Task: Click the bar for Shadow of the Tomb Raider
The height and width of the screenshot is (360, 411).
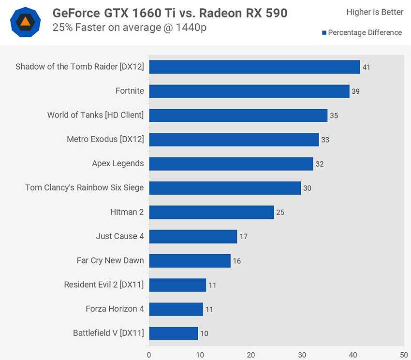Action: pyautogui.click(x=254, y=67)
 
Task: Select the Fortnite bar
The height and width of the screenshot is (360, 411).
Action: pyautogui.click(x=249, y=91)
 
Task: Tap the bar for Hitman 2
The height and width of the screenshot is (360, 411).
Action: pyautogui.click(x=211, y=212)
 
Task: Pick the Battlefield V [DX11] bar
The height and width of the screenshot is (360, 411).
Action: pyautogui.click(x=173, y=333)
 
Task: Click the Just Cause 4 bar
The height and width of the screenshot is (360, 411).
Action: pyautogui.click(x=193, y=236)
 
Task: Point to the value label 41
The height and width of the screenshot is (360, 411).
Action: pyautogui.click(x=366, y=67)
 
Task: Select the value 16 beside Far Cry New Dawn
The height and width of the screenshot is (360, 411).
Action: pyautogui.click(x=236, y=261)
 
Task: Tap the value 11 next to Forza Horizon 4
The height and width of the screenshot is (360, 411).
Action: pyautogui.click(x=209, y=309)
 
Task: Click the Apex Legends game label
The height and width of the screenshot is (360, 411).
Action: pyautogui.click(x=118, y=163)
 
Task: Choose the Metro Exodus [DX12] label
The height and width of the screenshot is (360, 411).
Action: pyautogui.click(x=105, y=139)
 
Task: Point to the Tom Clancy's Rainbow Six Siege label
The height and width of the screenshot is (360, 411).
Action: pyautogui.click(x=85, y=187)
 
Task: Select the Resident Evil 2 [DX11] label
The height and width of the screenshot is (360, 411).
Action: pyautogui.click(x=104, y=285)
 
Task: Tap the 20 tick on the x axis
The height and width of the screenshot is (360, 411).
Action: pyautogui.click(x=251, y=354)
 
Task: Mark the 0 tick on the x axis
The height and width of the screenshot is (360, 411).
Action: pyautogui.click(x=149, y=354)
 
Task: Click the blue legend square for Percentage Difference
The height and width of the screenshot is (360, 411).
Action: pyautogui.click(x=324, y=33)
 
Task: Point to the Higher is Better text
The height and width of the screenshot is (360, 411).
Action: pyautogui.click(x=375, y=12)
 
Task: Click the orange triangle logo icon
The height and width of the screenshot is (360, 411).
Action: pyautogui.click(x=26, y=21)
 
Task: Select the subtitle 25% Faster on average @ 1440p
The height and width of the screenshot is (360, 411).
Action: pyautogui.click(x=130, y=28)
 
